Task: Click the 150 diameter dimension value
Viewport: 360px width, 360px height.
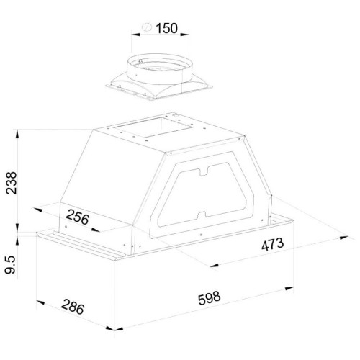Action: tap(167, 28)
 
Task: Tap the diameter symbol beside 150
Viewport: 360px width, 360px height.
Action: tap(147, 27)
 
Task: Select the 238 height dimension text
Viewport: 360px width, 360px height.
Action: tap(12, 183)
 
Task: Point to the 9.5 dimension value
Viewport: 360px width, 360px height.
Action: tap(10, 264)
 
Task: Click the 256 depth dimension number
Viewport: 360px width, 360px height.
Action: tap(77, 217)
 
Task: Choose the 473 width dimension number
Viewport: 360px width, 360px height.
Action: tap(272, 244)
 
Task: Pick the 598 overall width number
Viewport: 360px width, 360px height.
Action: tap(209, 298)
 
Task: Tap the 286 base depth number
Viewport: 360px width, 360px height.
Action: tap(73, 307)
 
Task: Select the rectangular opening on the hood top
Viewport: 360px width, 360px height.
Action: tap(153, 127)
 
